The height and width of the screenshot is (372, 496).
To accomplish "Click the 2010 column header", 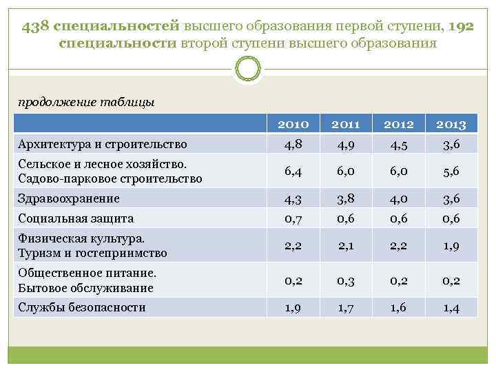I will pos(294,125).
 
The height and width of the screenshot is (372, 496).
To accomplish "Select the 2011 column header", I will pos(346,125).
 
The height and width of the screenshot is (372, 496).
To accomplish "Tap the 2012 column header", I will pos(399,125).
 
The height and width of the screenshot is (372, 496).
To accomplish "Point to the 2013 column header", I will pos(451,125).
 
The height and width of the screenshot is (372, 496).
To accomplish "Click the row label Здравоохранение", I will pos(69,198).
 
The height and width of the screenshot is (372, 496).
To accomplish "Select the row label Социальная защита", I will pos(76,218).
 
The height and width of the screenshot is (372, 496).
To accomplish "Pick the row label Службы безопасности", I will pos(82,307).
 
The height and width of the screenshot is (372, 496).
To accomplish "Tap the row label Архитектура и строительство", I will pos(103,145).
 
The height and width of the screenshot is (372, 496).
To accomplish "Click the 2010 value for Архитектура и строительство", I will pos(294,145).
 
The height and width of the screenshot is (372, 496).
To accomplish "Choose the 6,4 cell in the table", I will pos(294,172).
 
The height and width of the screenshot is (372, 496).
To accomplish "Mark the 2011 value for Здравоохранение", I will pos(346,198).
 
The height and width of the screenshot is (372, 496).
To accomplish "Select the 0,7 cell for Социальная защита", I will pos(294,218).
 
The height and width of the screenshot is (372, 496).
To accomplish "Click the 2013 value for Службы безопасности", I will pos(451,307).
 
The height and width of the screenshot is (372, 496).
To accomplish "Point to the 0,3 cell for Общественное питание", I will pos(346,280).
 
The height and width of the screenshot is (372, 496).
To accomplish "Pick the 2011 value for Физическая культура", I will pos(346,246).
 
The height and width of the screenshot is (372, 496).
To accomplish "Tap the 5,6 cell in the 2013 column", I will pos(451,172).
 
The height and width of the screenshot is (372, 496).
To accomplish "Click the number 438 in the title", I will pos(35,27).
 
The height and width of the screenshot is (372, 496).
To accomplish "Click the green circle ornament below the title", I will pos(247,70).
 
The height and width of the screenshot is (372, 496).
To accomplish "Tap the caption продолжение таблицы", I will pos(86,102).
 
